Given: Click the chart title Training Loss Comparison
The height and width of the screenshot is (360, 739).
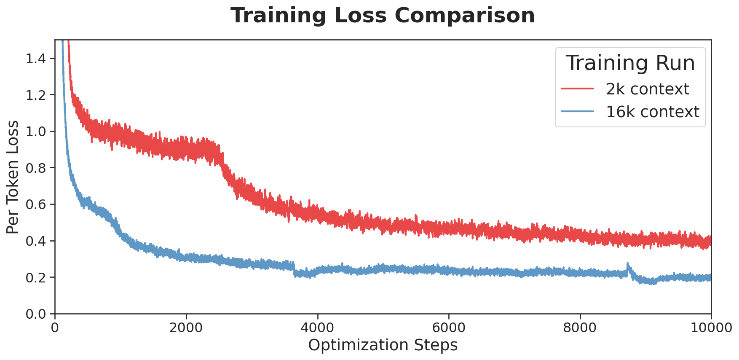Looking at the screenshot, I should click(383, 16).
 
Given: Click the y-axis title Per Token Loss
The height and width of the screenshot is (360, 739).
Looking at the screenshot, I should click(13, 177).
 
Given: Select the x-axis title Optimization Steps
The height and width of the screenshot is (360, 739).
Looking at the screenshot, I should click(383, 345).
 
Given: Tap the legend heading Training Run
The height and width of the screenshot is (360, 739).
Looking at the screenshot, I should click(630, 63).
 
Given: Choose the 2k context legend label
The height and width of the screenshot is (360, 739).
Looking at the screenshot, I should click(647, 89).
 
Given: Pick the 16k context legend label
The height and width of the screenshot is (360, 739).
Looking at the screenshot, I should click(652, 112).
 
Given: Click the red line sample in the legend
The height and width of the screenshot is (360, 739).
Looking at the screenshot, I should click(578, 89).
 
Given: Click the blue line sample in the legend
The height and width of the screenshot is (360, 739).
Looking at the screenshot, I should click(578, 112).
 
